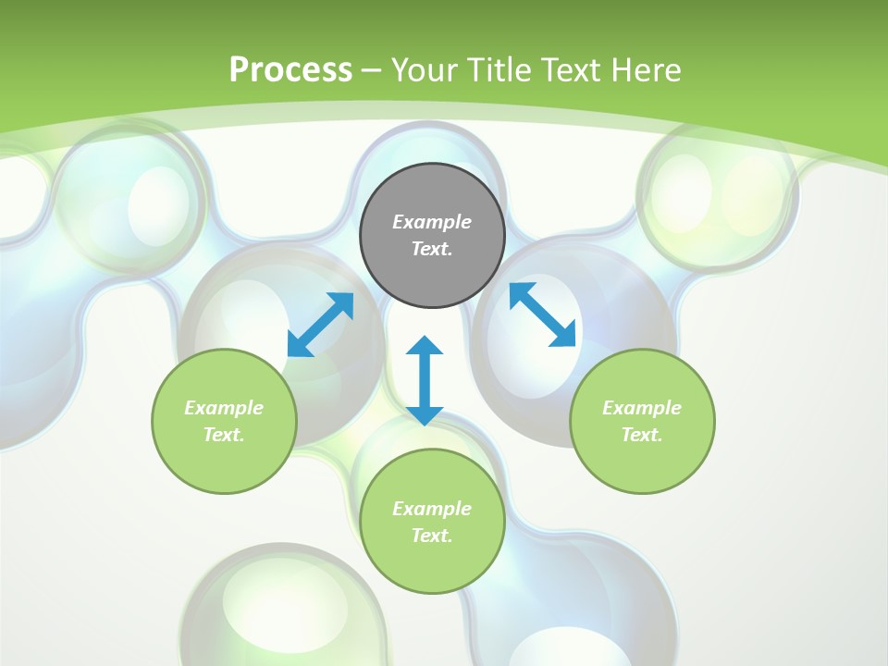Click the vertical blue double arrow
tap(425, 380)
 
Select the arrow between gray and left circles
tap(320, 325)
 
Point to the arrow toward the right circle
tap(542, 314)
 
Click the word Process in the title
tap(290, 69)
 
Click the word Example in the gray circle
tap(432, 222)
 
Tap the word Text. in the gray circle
tap(432, 249)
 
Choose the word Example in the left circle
tap(224, 408)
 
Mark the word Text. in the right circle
tap(642, 435)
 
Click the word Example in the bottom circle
tap(432, 509)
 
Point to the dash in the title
tap(372, 70)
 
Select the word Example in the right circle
tap(642, 408)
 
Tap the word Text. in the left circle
tap(224, 435)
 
